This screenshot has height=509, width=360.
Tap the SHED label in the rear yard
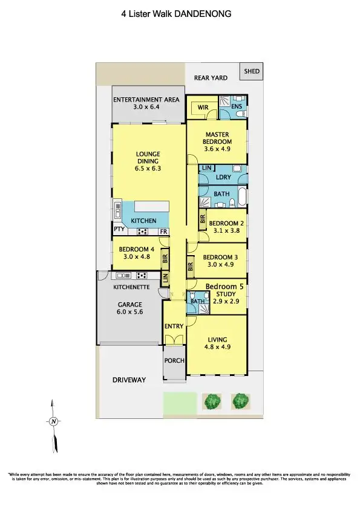pos(252,71)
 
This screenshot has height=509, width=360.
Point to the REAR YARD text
pos(210,78)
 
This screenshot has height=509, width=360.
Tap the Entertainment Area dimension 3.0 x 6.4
pos(148,107)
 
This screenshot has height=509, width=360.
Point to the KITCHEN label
pos(143,221)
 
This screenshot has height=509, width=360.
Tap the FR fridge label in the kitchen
pos(163,232)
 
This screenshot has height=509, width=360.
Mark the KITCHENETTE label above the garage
pos(131,286)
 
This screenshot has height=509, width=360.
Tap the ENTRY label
pos(174,326)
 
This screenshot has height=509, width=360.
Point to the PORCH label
pos(174,361)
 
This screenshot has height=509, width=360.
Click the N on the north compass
pos(54,421)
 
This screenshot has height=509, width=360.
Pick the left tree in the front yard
pos(212,401)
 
